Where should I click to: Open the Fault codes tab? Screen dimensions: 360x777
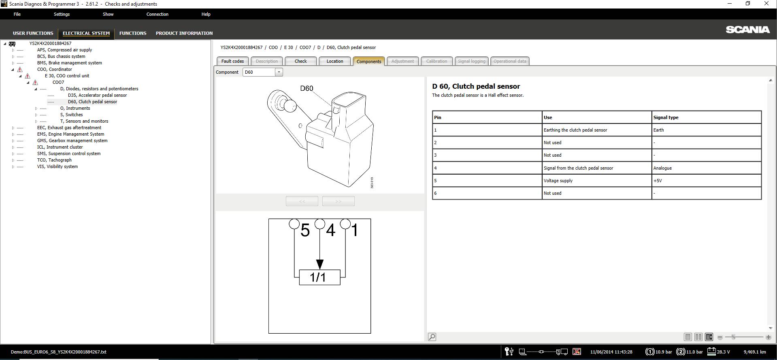point(232,61)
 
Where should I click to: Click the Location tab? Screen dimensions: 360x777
point(334,61)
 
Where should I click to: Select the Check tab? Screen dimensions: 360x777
point(300,61)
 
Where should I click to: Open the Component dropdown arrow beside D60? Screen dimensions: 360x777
point(279,72)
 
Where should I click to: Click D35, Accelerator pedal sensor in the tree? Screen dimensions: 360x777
point(97,95)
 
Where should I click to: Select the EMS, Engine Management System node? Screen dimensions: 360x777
point(70,134)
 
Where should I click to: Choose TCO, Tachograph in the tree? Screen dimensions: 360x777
point(54,160)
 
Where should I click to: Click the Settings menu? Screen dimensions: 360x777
point(62,14)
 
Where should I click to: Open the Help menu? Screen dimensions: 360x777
point(206,14)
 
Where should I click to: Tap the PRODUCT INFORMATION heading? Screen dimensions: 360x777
point(184,33)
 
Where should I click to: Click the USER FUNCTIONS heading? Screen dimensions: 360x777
point(33,33)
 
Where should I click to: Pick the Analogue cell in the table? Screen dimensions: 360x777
point(662,168)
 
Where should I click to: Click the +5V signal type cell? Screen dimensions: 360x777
point(658,181)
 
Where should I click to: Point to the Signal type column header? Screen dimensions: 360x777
point(666,117)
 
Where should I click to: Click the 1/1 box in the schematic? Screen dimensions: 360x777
point(319,277)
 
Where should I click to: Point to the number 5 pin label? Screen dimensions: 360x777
point(305,230)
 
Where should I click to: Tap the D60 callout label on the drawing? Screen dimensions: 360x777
point(307,88)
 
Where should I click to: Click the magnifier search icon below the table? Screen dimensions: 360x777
point(432,337)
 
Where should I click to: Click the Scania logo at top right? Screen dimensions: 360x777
point(747,30)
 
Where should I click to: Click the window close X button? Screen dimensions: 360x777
point(766,4)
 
